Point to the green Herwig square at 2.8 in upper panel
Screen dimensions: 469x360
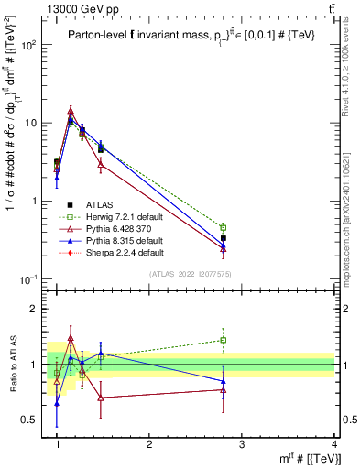tap(224, 227)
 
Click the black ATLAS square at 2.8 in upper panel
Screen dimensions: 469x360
tap(224, 238)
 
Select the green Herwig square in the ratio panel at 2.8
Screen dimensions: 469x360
tap(224, 340)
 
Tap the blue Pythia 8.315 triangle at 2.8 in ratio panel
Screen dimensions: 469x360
tap(224, 381)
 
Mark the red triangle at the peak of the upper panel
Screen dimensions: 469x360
tap(71, 111)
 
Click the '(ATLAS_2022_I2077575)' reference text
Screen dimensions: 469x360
tap(190, 274)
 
